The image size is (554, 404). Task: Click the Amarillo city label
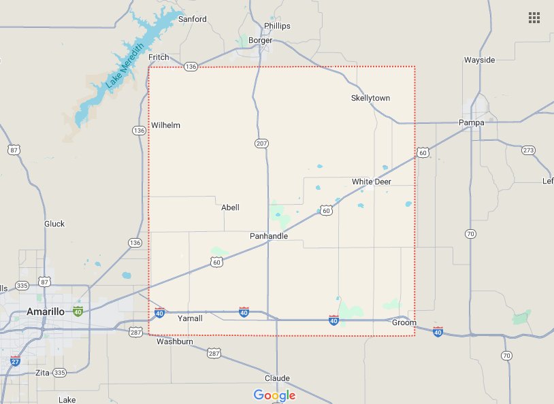tap(45, 312)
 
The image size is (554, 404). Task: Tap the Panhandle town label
tap(268, 236)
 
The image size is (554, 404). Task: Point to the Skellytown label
tap(370, 98)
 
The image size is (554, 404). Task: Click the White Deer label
tap(372, 182)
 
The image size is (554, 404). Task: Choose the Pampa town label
tap(471, 122)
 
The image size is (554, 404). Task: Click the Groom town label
tap(404, 323)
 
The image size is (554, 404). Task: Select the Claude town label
tap(277, 378)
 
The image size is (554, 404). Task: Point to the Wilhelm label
tap(166, 125)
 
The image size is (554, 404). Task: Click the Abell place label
tap(231, 207)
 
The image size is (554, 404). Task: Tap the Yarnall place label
tap(190, 318)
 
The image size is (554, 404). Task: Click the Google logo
tap(274, 395)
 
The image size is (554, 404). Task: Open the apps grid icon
tap(534, 18)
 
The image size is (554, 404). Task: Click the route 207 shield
tap(262, 144)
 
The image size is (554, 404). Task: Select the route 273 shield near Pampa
tap(529, 150)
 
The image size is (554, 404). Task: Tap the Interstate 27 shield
tap(16, 360)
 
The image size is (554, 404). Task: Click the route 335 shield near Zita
tap(59, 373)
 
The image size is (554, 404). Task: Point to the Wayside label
tap(479, 60)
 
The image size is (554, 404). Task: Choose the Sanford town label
tap(192, 19)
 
